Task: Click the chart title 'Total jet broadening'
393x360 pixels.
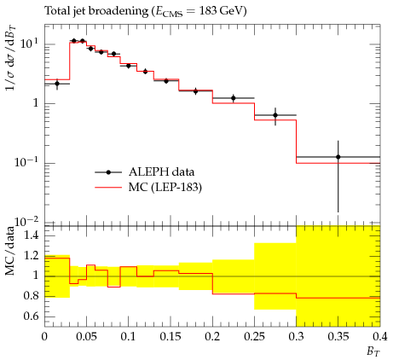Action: pyautogui.click(x=96, y=11)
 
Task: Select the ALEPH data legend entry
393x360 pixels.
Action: pyautogui.click(x=145, y=172)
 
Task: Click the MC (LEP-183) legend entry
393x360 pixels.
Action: pyautogui.click(x=148, y=188)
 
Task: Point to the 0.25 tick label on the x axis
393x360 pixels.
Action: pyautogui.click(x=254, y=337)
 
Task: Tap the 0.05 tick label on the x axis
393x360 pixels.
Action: pyautogui.click(x=86, y=337)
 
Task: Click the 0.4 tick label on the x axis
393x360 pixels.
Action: pyautogui.click(x=380, y=337)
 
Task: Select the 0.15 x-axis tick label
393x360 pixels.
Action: pyautogui.click(x=170, y=337)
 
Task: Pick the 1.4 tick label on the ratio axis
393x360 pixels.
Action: pyautogui.click(x=31, y=235)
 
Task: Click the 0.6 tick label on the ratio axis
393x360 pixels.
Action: pyautogui.click(x=31, y=316)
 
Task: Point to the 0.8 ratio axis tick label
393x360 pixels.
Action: pyautogui.click(x=31, y=296)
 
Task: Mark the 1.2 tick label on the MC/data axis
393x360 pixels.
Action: pyautogui.click(x=31, y=256)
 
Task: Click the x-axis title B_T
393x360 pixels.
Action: pyautogui.click(x=373, y=351)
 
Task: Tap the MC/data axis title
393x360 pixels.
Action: pyautogui.click(x=10, y=252)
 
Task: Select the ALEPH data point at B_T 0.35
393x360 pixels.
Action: pyautogui.click(x=338, y=157)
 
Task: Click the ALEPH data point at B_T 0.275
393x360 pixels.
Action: pyautogui.click(x=275, y=115)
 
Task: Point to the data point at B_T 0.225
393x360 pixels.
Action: pyautogui.click(x=234, y=98)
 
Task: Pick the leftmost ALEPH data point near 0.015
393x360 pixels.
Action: pyautogui.click(x=57, y=84)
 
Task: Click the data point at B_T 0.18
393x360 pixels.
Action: pyautogui.click(x=195, y=91)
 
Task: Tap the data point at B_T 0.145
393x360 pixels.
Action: pyautogui.click(x=166, y=81)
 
